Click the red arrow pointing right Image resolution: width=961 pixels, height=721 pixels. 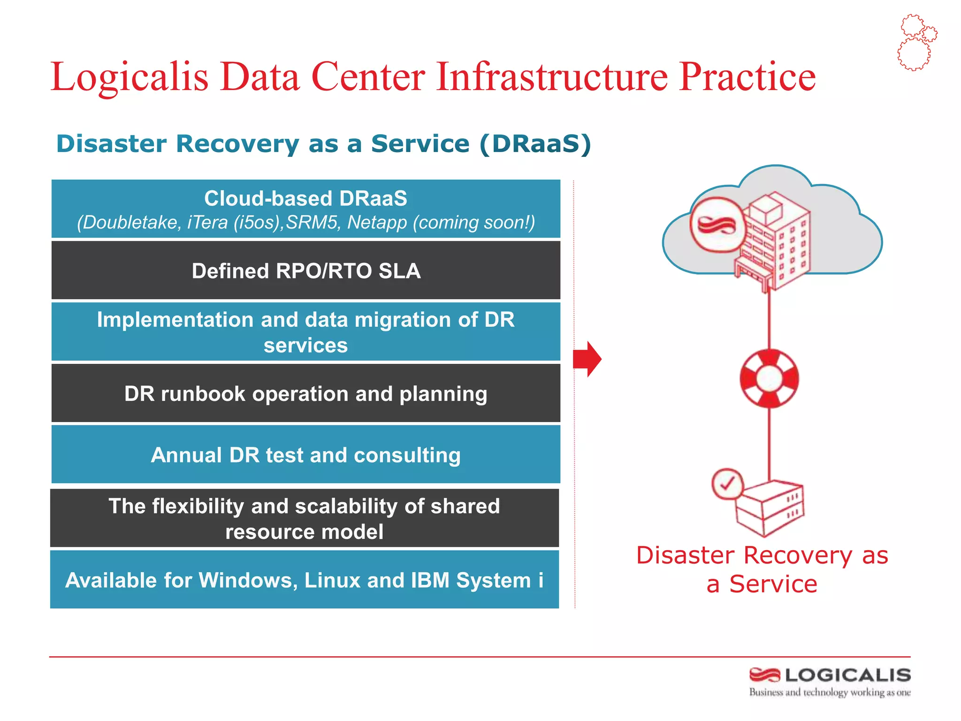[587, 359]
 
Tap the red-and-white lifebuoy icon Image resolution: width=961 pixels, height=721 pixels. [769, 378]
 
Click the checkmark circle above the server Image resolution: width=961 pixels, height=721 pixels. [727, 483]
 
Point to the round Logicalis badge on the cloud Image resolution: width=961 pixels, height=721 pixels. [717, 225]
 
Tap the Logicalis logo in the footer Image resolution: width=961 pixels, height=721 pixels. [830, 675]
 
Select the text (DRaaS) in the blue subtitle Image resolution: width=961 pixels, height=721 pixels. [535, 144]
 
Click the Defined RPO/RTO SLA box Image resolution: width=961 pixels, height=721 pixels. [306, 271]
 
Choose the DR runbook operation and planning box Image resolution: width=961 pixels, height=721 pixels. [306, 393]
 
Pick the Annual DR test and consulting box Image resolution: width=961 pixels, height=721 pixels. [306, 455]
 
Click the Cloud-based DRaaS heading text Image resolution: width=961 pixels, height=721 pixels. [305, 199]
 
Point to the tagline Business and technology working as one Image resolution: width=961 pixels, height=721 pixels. [829, 692]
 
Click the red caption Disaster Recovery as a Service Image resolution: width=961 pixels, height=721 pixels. [762, 569]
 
